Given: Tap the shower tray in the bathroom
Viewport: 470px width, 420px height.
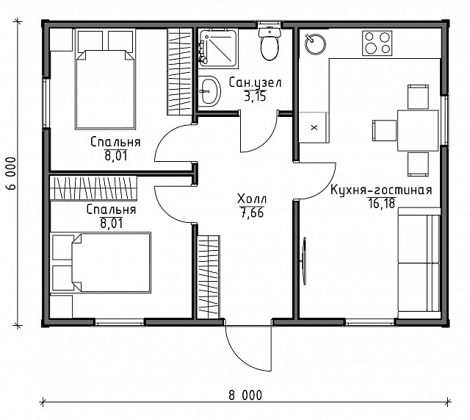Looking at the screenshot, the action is tap(217, 48).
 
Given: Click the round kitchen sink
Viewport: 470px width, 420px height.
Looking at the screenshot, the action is tap(315, 44).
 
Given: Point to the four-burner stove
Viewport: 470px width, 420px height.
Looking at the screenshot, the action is tap(377, 43).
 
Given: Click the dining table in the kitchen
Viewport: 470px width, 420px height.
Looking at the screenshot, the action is tap(418, 130).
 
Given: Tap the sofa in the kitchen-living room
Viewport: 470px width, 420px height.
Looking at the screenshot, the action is tap(419, 263).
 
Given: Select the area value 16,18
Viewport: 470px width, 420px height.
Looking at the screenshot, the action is tap(381, 203).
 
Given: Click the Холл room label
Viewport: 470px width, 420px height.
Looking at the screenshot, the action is tap(252, 199).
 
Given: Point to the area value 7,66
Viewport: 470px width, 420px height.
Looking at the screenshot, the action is tap(252, 213).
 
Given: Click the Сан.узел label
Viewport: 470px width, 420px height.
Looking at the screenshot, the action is tap(255, 82).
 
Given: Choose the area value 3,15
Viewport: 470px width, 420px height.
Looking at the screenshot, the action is tap(255, 96).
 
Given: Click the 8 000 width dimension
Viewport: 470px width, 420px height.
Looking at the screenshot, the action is tap(245, 395).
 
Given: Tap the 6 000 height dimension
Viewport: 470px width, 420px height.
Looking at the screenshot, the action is tap(12, 174).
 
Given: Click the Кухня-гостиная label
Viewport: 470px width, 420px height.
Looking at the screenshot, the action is tap(381, 190).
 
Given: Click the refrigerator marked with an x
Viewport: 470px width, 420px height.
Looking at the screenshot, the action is tap(314, 127).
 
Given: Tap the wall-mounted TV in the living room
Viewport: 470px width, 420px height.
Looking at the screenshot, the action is tap(304, 260).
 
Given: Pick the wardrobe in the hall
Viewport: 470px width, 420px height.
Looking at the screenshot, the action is tap(209, 277).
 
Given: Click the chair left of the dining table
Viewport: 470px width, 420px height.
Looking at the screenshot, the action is tap(385, 130).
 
